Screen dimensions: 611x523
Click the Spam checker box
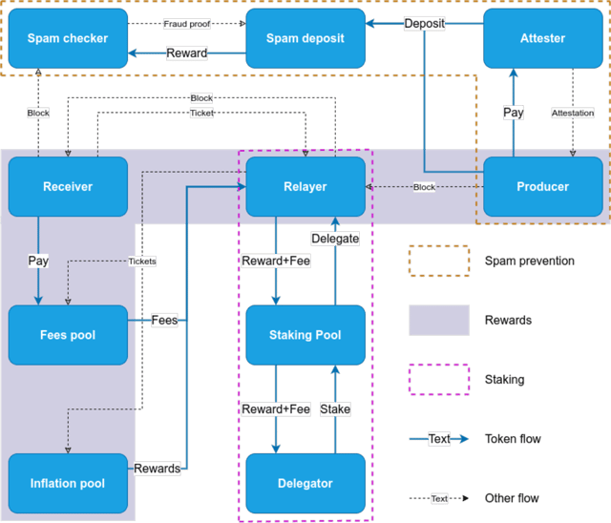coord(68,38)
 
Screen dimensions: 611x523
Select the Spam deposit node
coord(305,38)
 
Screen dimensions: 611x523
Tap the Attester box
coord(543,38)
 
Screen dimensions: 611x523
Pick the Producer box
coord(543,186)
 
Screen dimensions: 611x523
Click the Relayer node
coord(305,186)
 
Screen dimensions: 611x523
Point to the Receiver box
coord(68,186)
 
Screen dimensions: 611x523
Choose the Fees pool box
coord(68,335)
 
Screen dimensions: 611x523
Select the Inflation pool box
coord(68,483)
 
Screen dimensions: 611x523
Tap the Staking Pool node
coord(305,335)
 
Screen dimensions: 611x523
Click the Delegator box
coord(305,483)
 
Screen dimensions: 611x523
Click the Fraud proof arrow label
coord(187,24)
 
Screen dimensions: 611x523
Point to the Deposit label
coord(424,23)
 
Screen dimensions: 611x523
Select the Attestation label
coord(573,113)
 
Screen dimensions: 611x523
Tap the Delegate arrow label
coord(335,239)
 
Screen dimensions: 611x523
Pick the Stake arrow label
coord(335,408)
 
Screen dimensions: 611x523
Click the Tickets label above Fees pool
coord(142,261)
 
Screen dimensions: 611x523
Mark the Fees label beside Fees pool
coord(164,320)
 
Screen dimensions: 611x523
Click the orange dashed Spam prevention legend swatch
coord(439,261)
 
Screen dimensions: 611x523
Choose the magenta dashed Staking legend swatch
coord(439,380)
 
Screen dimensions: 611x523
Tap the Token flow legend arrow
coord(439,439)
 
